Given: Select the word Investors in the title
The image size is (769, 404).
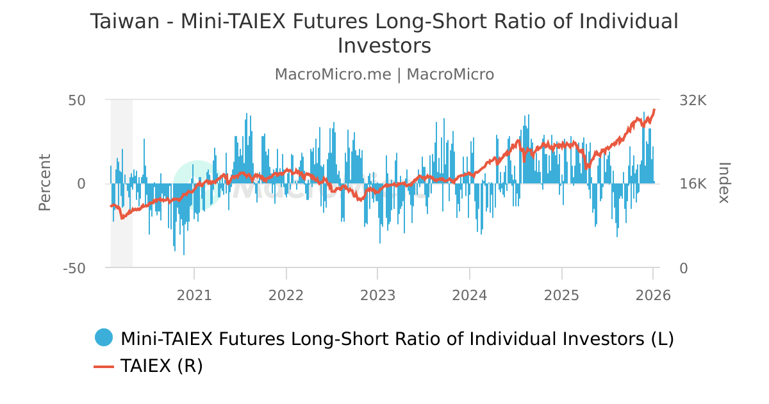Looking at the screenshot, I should click(384, 46).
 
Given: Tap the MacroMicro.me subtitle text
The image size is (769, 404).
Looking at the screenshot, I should click(333, 74).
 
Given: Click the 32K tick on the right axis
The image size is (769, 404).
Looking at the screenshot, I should click(693, 101).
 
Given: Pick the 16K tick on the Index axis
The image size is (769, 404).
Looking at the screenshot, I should click(693, 185).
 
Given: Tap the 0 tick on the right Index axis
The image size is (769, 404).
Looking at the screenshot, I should click(684, 269).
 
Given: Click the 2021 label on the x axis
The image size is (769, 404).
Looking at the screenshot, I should click(194, 296).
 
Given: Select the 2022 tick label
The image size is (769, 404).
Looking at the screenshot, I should click(286, 296).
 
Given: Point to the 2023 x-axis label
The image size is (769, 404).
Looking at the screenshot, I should click(377, 296).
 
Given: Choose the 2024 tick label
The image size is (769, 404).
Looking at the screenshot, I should click(470, 296).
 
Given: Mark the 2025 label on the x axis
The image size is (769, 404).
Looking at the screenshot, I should click(561, 296).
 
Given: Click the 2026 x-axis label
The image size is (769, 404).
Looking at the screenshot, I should click(653, 296).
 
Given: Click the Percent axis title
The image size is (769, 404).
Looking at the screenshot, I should click(44, 183).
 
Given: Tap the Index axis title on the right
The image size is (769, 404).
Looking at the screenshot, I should click(724, 183).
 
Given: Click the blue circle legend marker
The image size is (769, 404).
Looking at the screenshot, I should click(103, 337).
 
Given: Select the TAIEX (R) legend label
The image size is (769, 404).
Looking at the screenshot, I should click(161, 366).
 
